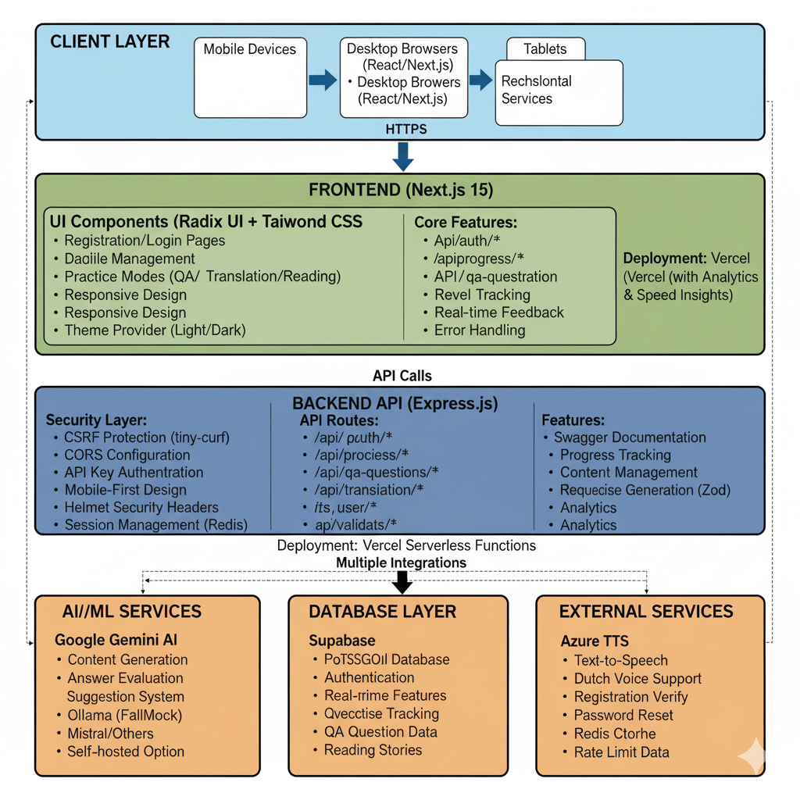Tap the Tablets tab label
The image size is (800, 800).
(x=545, y=49)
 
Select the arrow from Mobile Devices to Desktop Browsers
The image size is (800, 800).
(x=322, y=80)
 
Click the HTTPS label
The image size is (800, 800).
(x=406, y=129)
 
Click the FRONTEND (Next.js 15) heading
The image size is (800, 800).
(x=401, y=190)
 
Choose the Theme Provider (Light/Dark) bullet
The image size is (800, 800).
(x=155, y=330)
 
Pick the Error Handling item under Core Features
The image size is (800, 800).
(x=480, y=330)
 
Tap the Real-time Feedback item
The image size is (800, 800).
(x=498, y=312)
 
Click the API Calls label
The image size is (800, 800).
(x=402, y=376)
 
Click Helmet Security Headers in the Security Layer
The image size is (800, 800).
(x=141, y=508)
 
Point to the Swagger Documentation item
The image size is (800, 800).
(x=630, y=437)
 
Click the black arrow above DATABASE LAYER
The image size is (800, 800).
(x=402, y=582)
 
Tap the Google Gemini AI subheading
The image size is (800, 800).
(x=116, y=641)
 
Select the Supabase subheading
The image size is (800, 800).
(x=342, y=641)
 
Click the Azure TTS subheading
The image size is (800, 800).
(x=595, y=641)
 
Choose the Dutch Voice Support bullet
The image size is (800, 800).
(x=637, y=679)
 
